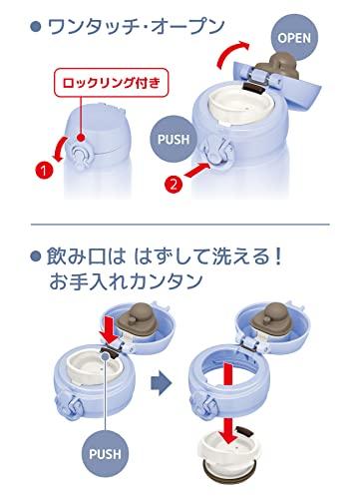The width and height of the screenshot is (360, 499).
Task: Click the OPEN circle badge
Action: pos(294,38)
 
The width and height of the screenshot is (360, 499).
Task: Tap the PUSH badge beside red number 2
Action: pos(174,139)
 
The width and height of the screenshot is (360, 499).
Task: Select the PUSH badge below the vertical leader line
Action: pos(105,454)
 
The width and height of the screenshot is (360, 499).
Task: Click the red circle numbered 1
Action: pos(44,171)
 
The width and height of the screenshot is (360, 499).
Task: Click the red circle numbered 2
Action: pos(174,184)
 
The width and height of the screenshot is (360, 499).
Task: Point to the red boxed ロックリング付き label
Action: pos(112,83)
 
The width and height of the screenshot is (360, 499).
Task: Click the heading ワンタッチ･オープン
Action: pos(137,27)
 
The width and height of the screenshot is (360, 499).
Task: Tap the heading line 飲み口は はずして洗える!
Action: pos(166,256)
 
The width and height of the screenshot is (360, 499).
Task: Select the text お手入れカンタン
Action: pos(126,281)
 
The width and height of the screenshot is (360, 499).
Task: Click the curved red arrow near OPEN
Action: pos(229,51)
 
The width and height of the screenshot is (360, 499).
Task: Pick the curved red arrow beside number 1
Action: pos(61,150)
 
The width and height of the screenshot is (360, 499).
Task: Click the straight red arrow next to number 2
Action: pos(197,170)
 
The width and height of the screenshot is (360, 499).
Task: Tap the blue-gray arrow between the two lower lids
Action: pos(161,383)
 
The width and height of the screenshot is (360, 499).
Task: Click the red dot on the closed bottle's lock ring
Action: pos(80,138)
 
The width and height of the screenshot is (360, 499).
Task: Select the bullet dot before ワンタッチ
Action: pos(35,27)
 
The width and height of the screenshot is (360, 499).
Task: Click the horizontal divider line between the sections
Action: pos(180,225)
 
